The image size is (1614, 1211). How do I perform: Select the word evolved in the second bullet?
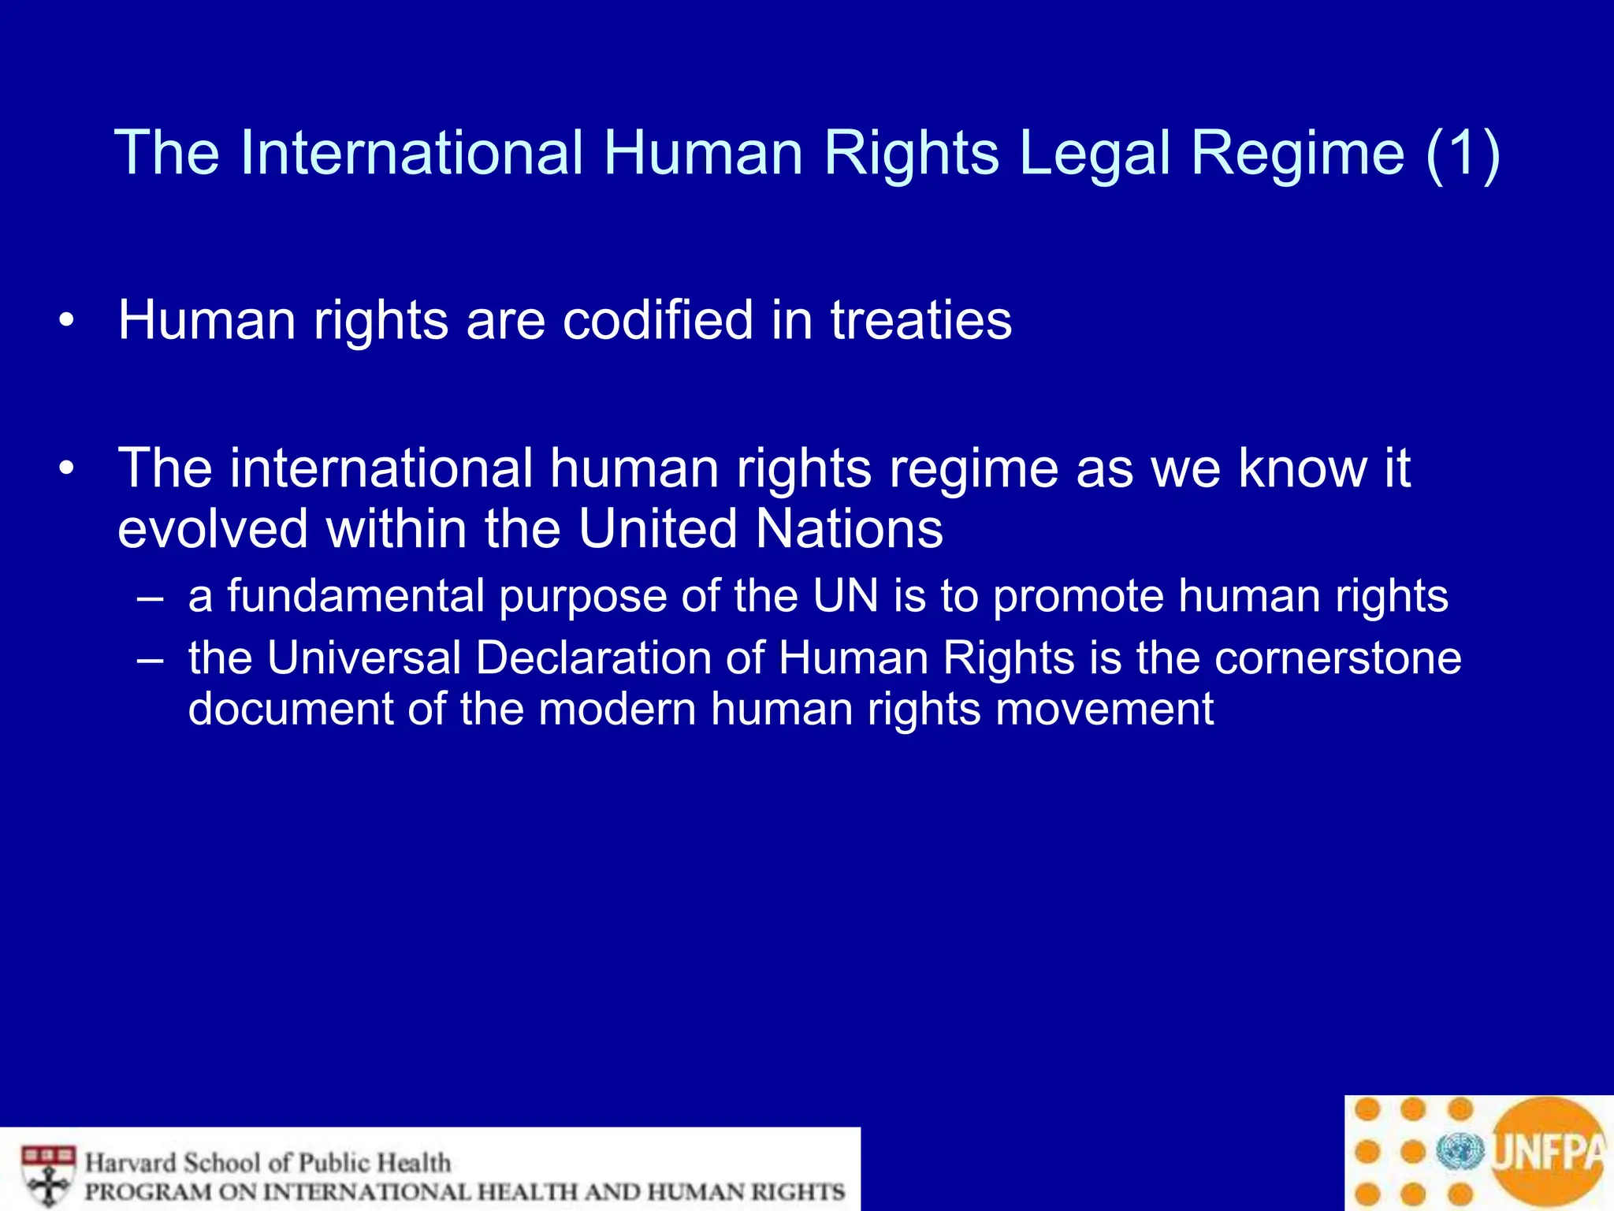pos(212,528)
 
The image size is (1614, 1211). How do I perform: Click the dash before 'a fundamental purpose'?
pos(150,597)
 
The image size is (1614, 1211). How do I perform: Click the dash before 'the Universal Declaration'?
pos(150,659)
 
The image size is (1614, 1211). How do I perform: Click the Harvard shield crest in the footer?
pos(49,1176)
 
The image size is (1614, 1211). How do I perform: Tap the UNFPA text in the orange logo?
pos(1548,1152)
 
